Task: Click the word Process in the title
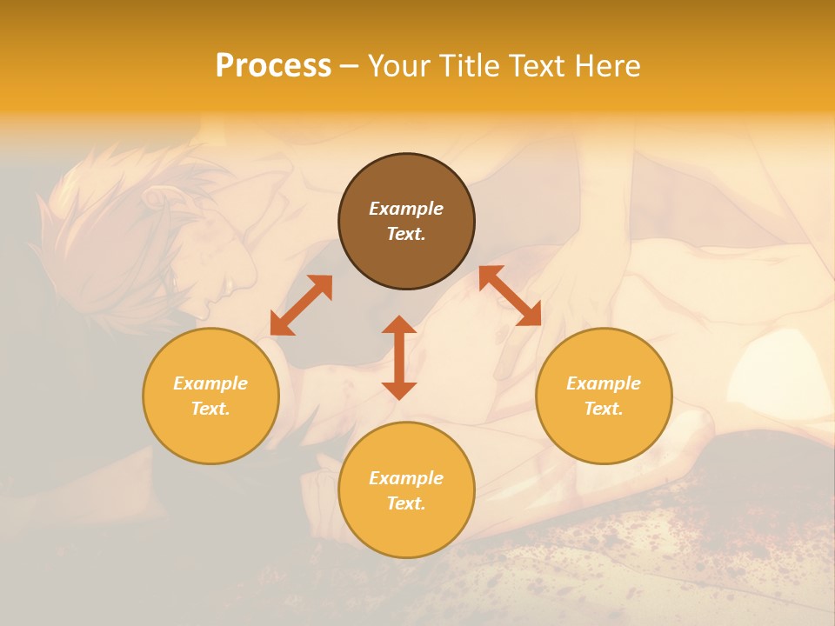(273, 66)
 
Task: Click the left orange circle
(210, 396)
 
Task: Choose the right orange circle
(604, 396)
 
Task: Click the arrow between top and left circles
(301, 305)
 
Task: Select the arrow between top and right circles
(511, 296)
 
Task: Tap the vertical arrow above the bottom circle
(399, 357)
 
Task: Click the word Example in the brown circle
(406, 209)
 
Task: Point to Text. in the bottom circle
(406, 503)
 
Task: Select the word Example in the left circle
(210, 383)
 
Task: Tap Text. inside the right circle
(604, 409)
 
